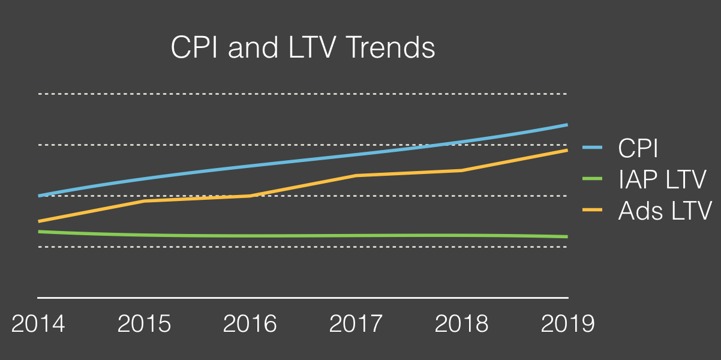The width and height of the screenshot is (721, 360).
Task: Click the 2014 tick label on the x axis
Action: tap(38, 324)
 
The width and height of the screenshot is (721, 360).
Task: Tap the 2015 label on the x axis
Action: tap(144, 324)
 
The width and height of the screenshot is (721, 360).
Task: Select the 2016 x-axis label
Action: tap(250, 324)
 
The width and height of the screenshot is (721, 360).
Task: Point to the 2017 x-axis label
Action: tap(356, 324)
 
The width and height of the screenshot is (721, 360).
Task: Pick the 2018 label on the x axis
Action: tap(462, 324)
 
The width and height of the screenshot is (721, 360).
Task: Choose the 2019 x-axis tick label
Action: tap(567, 324)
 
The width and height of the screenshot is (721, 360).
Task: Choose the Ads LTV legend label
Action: tap(665, 211)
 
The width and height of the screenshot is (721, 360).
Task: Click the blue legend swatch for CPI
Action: tap(592, 148)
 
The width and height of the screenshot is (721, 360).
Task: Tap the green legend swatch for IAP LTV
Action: tap(592, 179)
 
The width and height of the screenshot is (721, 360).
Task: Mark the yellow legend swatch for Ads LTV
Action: tap(592, 210)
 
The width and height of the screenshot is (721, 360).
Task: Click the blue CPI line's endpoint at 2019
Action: tap(566, 125)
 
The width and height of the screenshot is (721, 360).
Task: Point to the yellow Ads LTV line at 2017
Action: tap(356, 176)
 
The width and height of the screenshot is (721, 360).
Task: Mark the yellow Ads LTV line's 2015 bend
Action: tap(144, 201)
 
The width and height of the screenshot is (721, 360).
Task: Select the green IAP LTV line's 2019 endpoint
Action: tap(566, 236)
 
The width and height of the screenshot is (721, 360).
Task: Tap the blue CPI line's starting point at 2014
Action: tap(40, 196)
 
